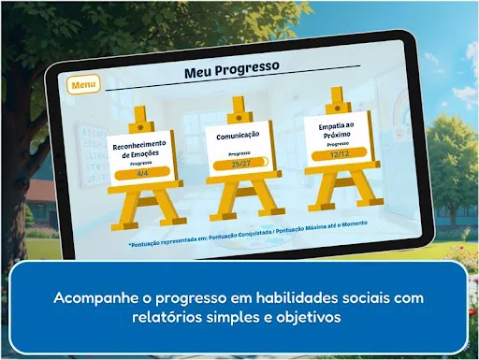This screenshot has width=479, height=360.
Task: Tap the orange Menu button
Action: coord(83,85)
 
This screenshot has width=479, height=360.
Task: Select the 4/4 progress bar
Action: coord(141,173)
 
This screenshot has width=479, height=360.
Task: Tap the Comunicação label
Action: coord(238,135)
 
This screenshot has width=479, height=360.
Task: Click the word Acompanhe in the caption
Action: coord(93,298)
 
